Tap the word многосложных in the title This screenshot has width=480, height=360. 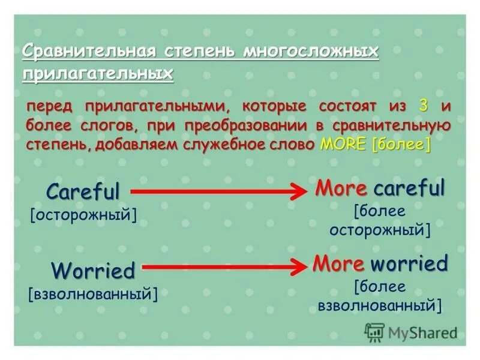(311, 51)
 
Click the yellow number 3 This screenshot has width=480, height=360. (424, 106)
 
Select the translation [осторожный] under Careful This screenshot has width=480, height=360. (83, 214)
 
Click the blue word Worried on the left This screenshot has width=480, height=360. (93, 271)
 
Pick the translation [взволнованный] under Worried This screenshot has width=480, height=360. (93, 294)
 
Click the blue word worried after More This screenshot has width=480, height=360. (409, 263)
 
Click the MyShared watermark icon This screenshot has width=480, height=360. (374, 332)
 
